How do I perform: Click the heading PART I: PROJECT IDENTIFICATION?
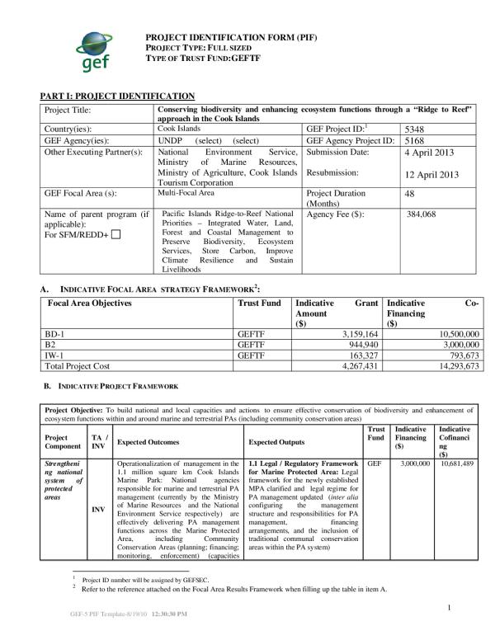point(117,96)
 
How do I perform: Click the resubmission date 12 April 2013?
point(431,175)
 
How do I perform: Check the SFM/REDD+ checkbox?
point(115,235)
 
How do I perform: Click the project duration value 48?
point(411,193)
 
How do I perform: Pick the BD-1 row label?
point(54,334)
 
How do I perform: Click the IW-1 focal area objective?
point(54,355)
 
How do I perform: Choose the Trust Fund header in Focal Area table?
point(258,303)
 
